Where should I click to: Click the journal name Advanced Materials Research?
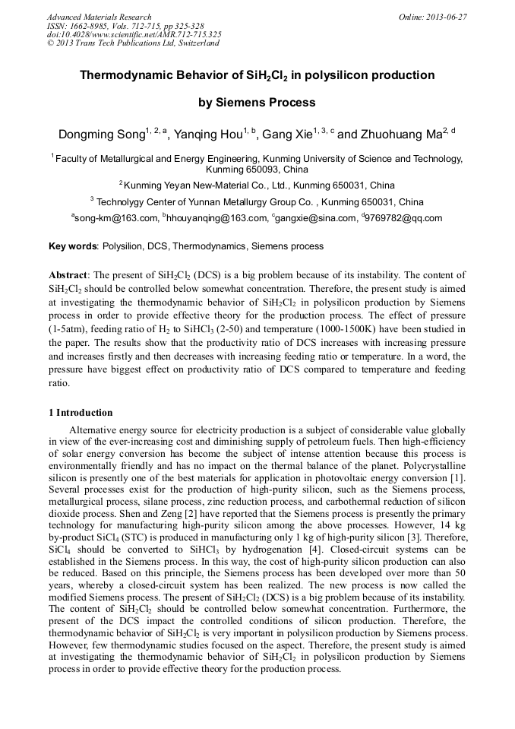pyautogui.click(x=99, y=17)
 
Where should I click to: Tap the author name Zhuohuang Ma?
pyautogui.click(x=400, y=136)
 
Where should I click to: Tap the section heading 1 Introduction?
pyautogui.click(x=81, y=413)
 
